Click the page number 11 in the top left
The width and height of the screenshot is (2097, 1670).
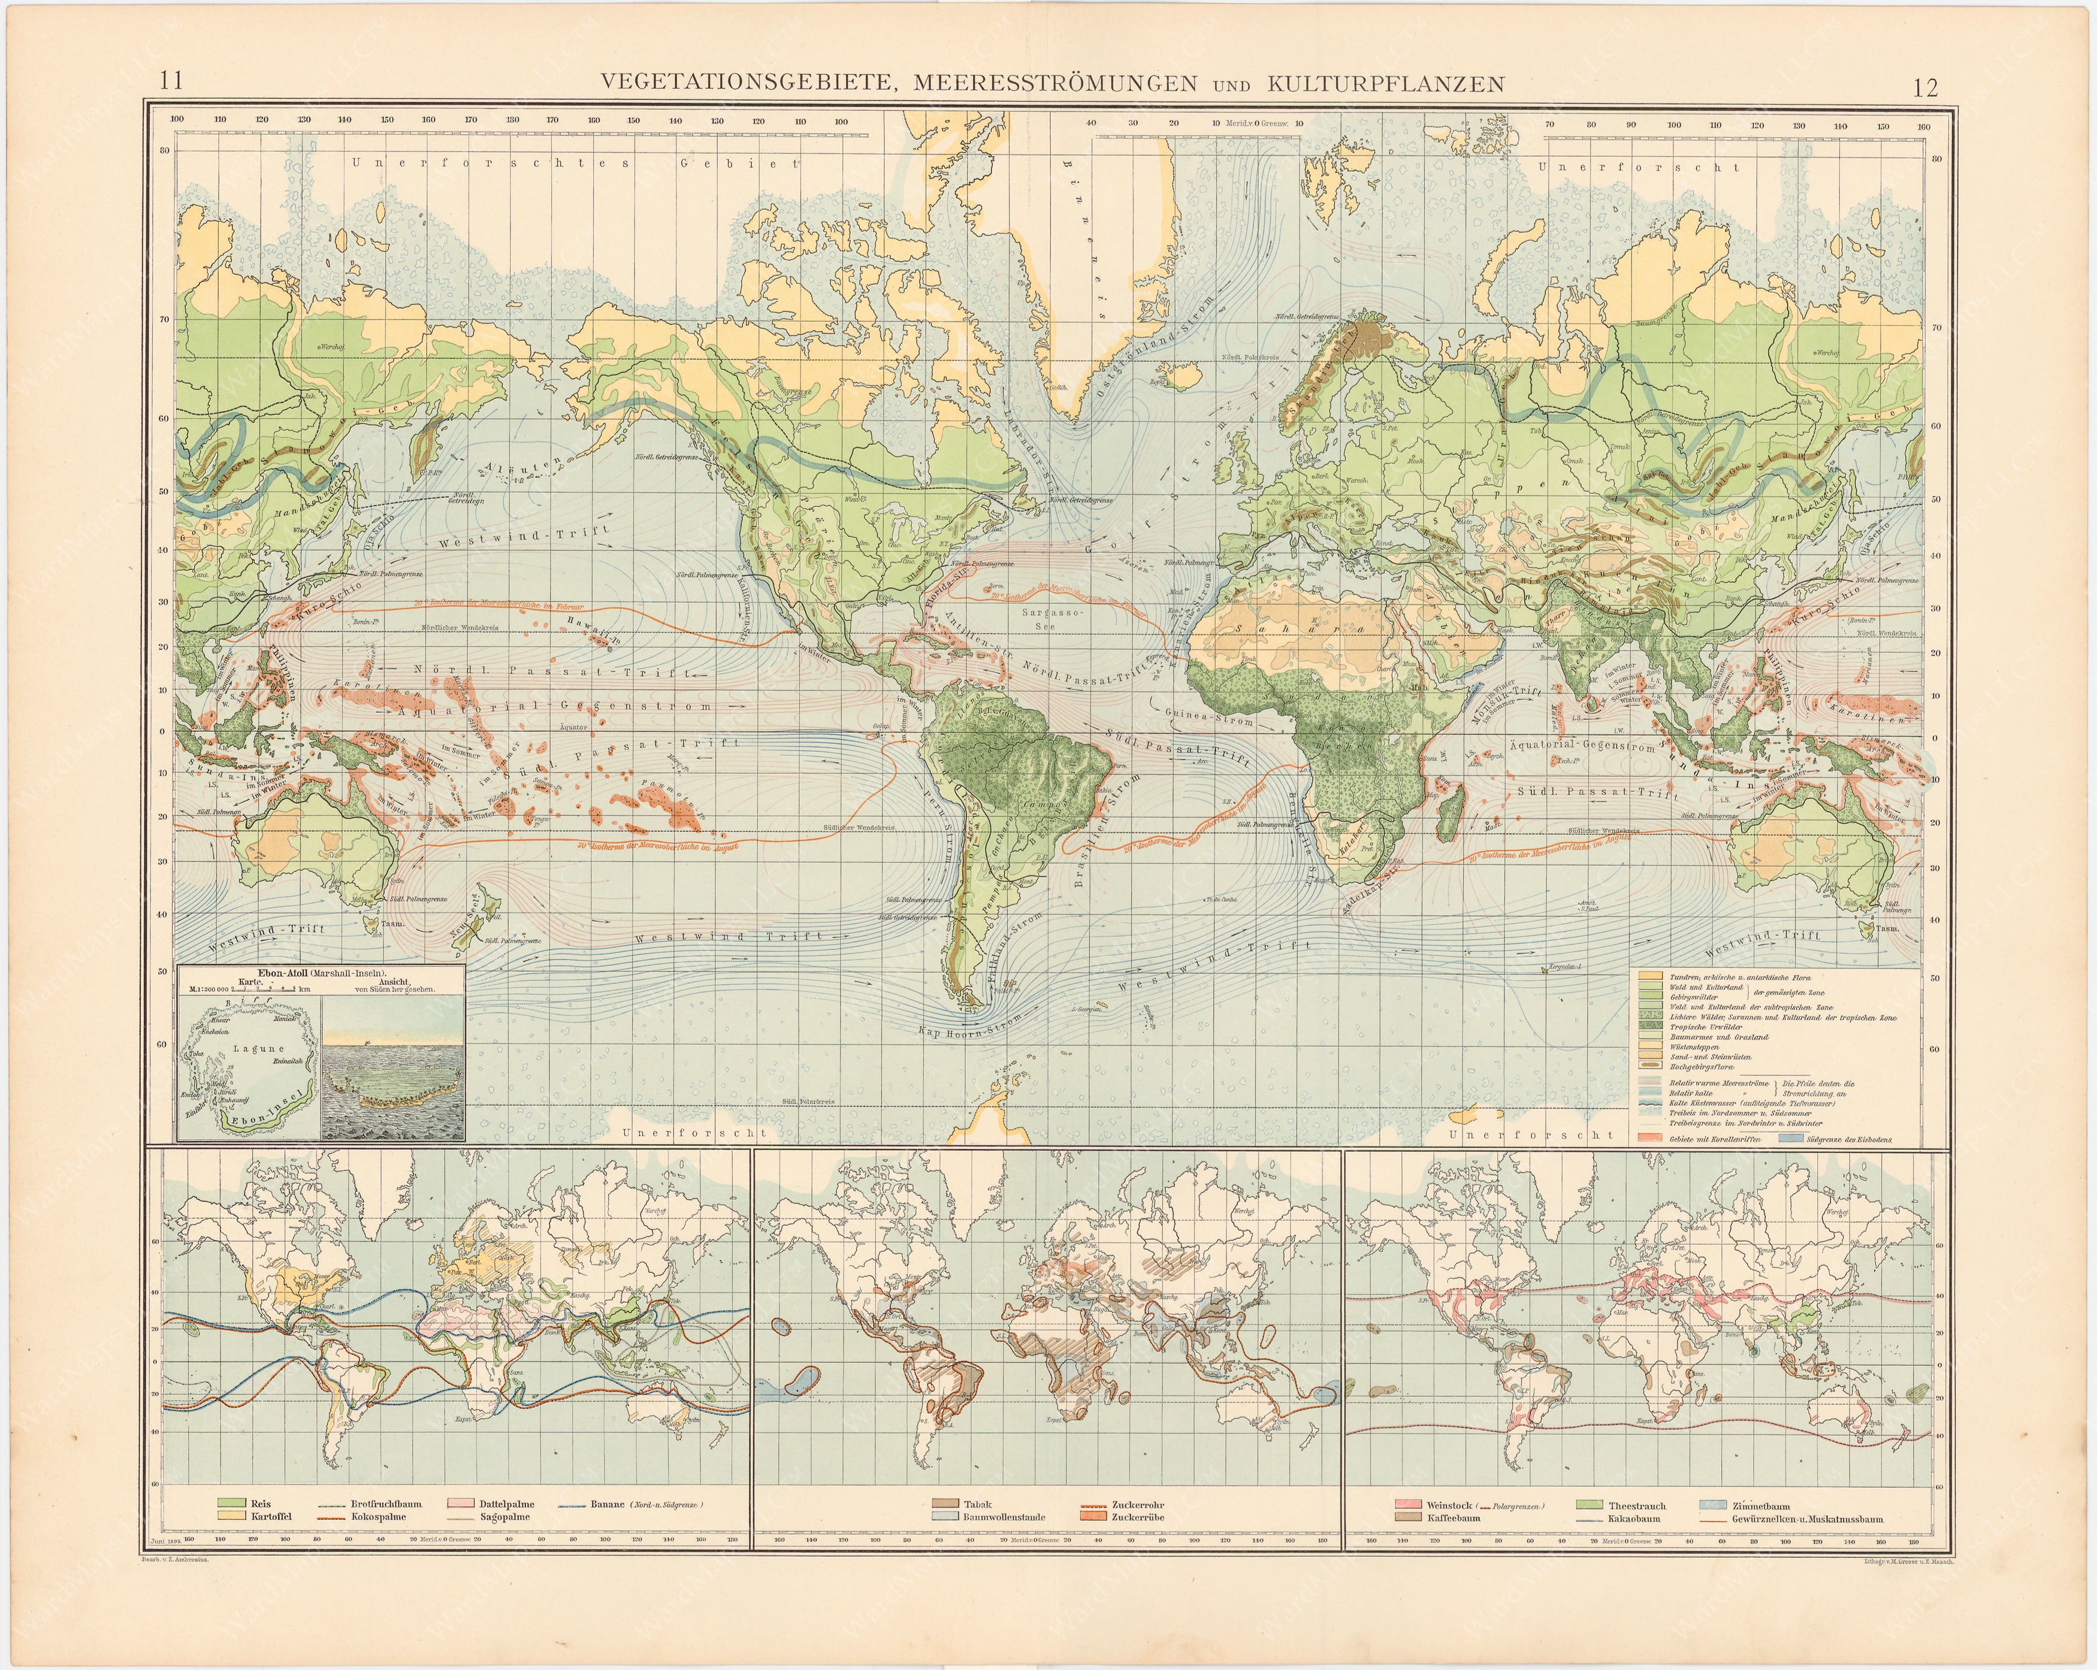171,81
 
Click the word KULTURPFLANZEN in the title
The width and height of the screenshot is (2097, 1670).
1386,84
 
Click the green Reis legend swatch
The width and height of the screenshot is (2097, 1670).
232,1503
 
